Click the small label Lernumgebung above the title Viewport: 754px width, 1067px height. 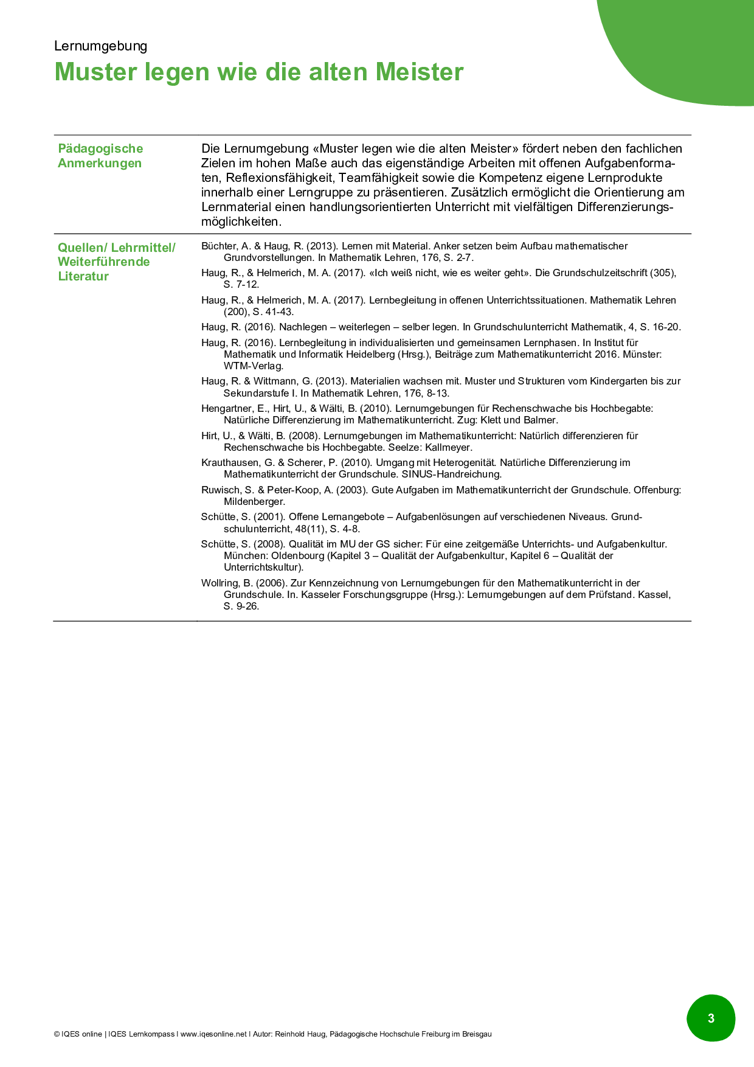pos(100,46)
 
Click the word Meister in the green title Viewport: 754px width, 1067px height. pos(419,72)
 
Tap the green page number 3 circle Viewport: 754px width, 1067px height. pos(711,1018)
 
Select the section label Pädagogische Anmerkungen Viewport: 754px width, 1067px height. pos(100,156)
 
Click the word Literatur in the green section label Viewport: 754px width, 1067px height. pos(83,276)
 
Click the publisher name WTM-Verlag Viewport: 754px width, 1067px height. pos(253,366)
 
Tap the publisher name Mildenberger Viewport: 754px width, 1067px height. pos(254,502)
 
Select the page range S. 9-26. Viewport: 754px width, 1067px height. pos(241,606)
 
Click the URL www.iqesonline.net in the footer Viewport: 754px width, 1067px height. pos(213,1034)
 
